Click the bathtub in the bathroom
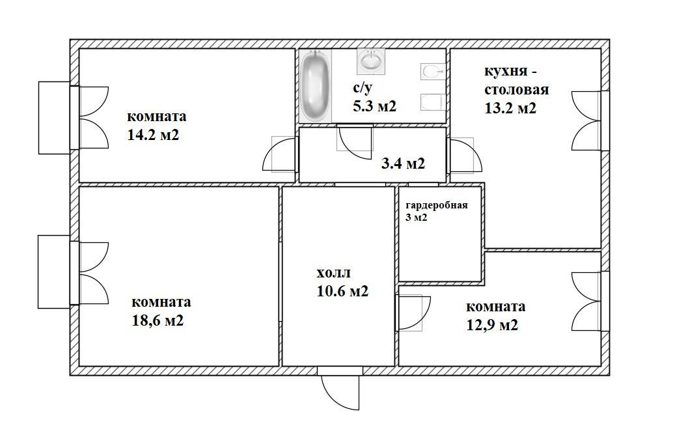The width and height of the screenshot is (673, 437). pos(316,86)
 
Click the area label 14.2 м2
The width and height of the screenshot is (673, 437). pos(153,135)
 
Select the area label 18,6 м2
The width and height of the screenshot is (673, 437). pos(158,320)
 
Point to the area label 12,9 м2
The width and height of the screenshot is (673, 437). pos(492,325)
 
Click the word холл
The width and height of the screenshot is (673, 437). pos(333,273)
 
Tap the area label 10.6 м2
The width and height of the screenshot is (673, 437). pos(342,292)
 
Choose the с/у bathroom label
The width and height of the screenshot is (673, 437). pos(363,89)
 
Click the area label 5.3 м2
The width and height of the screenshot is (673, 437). pos(374,106)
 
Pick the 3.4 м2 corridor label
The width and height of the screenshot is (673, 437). pos(403,163)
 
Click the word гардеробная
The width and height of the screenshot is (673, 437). pos(437,205)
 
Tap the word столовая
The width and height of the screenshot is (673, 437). pos(517,90)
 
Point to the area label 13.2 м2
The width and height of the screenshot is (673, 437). pos(510,108)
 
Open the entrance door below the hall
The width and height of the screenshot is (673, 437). pos(340,388)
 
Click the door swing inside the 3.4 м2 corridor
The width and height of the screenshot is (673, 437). pos(355,142)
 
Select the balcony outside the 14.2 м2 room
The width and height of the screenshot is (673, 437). pos(54,118)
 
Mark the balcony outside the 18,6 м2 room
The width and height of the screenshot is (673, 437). pos(54,272)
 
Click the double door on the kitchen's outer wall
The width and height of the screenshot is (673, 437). pos(587,120)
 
